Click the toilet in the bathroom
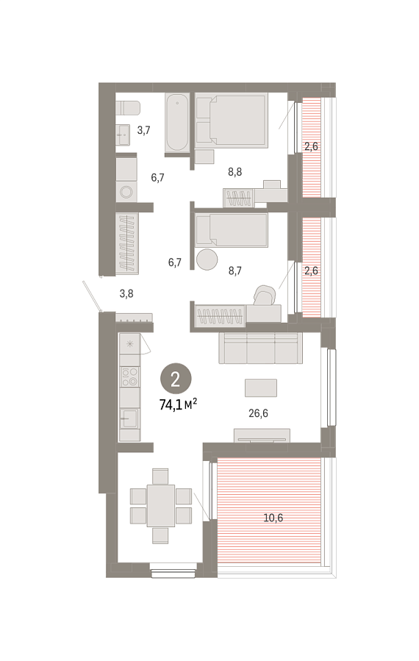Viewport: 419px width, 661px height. (x=128, y=108)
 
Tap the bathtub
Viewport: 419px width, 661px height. (x=176, y=122)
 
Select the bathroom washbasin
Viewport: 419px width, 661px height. (x=123, y=135)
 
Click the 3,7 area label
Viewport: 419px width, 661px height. (x=144, y=130)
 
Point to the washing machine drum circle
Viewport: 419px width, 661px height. (x=126, y=192)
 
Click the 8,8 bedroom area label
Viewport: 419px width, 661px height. (x=234, y=172)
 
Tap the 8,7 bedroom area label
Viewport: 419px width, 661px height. (x=235, y=271)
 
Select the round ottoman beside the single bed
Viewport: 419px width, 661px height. (x=207, y=260)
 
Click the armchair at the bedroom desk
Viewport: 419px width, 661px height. (x=265, y=295)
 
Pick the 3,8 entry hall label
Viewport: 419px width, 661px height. (x=126, y=293)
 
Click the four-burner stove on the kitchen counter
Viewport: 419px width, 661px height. (x=130, y=376)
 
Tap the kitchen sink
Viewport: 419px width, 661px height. (x=129, y=418)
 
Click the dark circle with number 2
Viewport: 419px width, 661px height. (x=176, y=379)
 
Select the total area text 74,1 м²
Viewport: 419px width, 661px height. (x=179, y=405)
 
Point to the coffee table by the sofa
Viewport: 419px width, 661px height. (x=261, y=387)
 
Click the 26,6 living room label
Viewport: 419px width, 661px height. (x=259, y=413)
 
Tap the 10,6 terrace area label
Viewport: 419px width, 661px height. (x=273, y=518)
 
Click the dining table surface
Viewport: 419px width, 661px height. (x=160, y=505)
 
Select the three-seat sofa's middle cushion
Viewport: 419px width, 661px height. (x=261, y=349)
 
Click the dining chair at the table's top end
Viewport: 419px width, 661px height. (x=160, y=476)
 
